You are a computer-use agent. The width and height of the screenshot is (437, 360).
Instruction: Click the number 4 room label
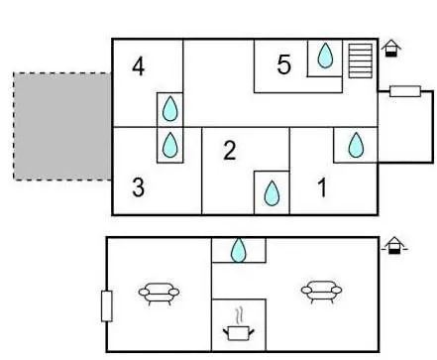tap(139, 66)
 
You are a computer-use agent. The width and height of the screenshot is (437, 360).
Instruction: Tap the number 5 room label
tap(284, 64)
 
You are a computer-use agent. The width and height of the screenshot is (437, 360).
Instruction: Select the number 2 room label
tap(230, 151)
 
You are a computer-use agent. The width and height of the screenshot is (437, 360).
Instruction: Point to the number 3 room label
tap(139, 187)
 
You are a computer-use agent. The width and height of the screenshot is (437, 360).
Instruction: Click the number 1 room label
tap(322, 187)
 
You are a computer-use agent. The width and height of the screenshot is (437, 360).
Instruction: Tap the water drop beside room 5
tap(325, 56)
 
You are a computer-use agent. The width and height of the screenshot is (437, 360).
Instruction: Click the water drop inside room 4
tap(170, 109)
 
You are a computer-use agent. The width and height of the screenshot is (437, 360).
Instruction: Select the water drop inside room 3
tap(170, 145)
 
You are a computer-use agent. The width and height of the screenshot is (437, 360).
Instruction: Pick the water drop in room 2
tap(272, 193)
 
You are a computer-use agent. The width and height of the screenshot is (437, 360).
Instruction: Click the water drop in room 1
tap(356, 145)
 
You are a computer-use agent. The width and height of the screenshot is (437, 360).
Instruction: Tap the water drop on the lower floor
tap(239, 250)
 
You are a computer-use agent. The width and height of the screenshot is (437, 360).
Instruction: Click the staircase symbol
tap(361, 60)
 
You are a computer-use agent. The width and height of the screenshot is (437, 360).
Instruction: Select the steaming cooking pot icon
tap(239, 327)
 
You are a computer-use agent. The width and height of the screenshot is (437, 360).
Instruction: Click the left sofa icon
tap(160, 294)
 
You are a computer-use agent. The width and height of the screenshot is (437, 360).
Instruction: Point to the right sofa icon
tap(321, 292)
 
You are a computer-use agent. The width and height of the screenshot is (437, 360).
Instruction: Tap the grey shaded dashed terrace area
tap(62, 126)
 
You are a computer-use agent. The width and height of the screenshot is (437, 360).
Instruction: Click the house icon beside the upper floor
tap(391, 49)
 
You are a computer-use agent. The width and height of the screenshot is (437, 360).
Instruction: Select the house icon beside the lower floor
tap(393, 246)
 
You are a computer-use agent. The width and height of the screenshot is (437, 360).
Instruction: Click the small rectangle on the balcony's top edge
tap(405, 91)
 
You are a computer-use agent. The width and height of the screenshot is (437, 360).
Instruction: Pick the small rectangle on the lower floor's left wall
tap(107, 306)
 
